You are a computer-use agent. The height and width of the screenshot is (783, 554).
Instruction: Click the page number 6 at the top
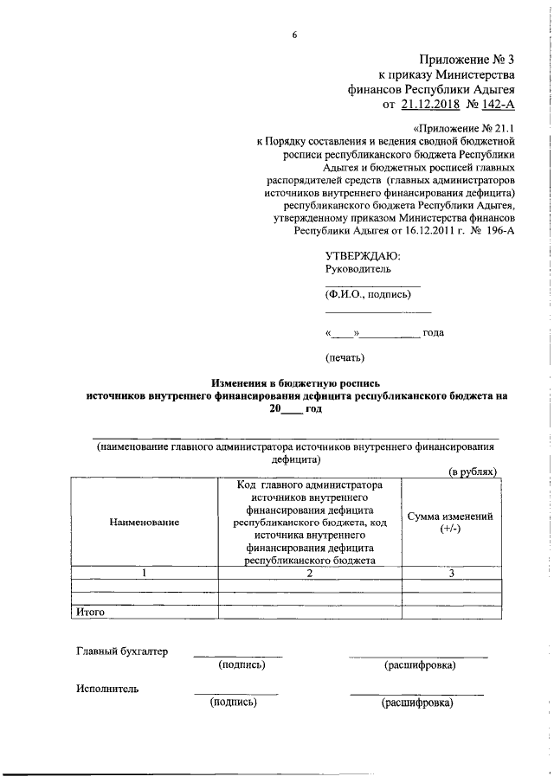(294, 35)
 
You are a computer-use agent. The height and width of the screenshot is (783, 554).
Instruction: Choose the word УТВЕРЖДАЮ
(363, 255)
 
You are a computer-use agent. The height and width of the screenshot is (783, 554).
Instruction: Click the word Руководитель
(358, 269)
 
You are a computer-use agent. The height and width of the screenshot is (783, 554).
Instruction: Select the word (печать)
(345, 356)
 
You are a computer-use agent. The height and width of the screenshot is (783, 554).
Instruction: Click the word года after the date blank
(434, 333)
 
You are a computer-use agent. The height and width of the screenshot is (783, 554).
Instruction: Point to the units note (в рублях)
(473, 472)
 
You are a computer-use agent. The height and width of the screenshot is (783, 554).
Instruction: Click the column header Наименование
(144, 522)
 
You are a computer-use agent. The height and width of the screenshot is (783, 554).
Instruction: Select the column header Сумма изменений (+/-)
(449, 522)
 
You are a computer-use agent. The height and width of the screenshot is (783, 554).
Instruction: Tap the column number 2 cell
(308, 574)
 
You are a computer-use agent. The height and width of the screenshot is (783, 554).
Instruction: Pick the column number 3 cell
(451, 574)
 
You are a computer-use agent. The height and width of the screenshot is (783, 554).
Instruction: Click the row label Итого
(91, 612)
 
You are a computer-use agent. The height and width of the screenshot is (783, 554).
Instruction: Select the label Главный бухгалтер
(122, 651)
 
